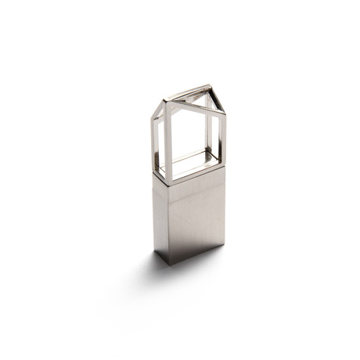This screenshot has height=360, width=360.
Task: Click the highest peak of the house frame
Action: pyautogui.click(x=209, y=87)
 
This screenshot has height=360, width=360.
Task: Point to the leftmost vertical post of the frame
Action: pyautogui.click(x=155, y=141)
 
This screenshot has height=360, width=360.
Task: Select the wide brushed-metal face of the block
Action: pyautogui.click(x=196, y=219)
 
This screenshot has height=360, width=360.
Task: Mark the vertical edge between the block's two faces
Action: pyautogui.click(x=167, y=223)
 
